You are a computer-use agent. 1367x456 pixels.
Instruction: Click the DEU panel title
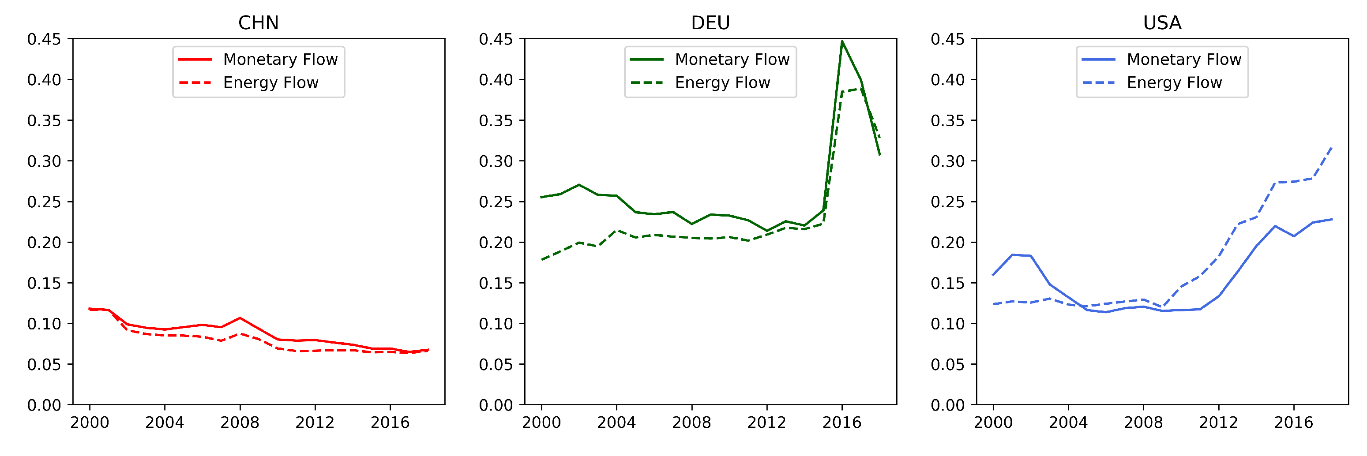coord(710,23)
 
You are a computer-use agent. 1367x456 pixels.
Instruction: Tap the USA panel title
coord(1162,23)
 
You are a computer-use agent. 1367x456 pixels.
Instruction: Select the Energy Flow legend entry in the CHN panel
coord(270,83)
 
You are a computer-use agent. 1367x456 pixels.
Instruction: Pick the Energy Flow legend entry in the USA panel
coord(1174,83)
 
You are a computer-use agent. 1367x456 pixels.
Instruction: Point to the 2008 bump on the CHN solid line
coord(240,318)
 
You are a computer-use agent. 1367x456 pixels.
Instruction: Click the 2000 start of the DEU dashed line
coord(541,260)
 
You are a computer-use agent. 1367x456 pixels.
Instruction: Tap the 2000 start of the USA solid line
coord(993,275)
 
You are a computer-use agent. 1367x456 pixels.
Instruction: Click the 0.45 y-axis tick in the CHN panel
coord(44,39)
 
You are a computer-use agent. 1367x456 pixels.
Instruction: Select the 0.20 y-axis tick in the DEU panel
coord(496,242)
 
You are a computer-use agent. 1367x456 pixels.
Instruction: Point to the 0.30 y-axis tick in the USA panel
coord(947,161)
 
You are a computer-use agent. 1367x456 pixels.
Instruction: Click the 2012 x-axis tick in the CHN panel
coord(315,422)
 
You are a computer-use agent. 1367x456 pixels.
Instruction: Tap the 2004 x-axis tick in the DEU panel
coord(616,422)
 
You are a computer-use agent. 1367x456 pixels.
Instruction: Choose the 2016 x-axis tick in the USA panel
coord(1294,422)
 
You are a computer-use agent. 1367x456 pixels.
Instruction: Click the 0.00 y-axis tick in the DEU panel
coord(496,405)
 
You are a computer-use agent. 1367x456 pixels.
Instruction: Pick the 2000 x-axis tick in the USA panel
coord(993,422)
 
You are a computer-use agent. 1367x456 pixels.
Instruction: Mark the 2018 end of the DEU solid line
coord(880,155)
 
